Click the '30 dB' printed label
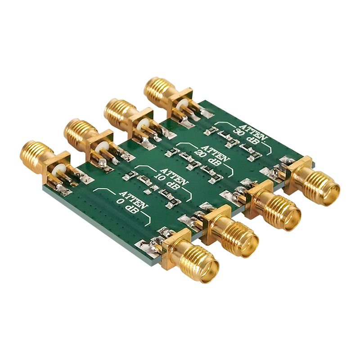click(246, 137)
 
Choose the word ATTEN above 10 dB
click(174, 176)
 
